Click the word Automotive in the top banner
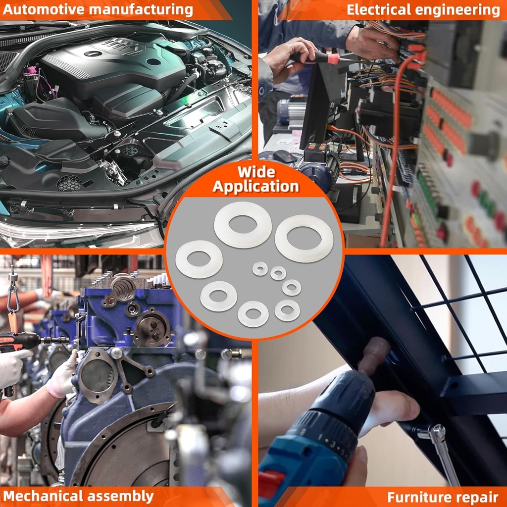click(44, 10)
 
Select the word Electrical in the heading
click(379, 10)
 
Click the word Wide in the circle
click(256, 172)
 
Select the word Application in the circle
click(256, 187)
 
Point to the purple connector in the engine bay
click(32, 69)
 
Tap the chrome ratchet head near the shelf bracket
click(438, 431)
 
